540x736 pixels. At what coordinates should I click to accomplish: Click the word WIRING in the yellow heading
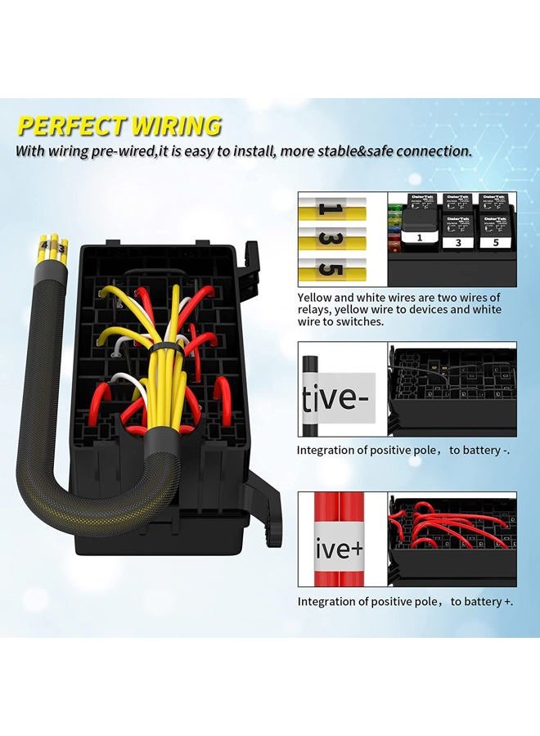(x=173, y=127)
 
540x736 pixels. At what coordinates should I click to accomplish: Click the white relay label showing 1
(x=419, y=238)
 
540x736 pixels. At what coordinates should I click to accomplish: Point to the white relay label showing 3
(x=458, y=242)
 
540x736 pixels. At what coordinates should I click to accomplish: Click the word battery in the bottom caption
(x=488, y=602)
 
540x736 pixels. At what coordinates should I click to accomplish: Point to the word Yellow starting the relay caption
(x=315, y=298)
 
